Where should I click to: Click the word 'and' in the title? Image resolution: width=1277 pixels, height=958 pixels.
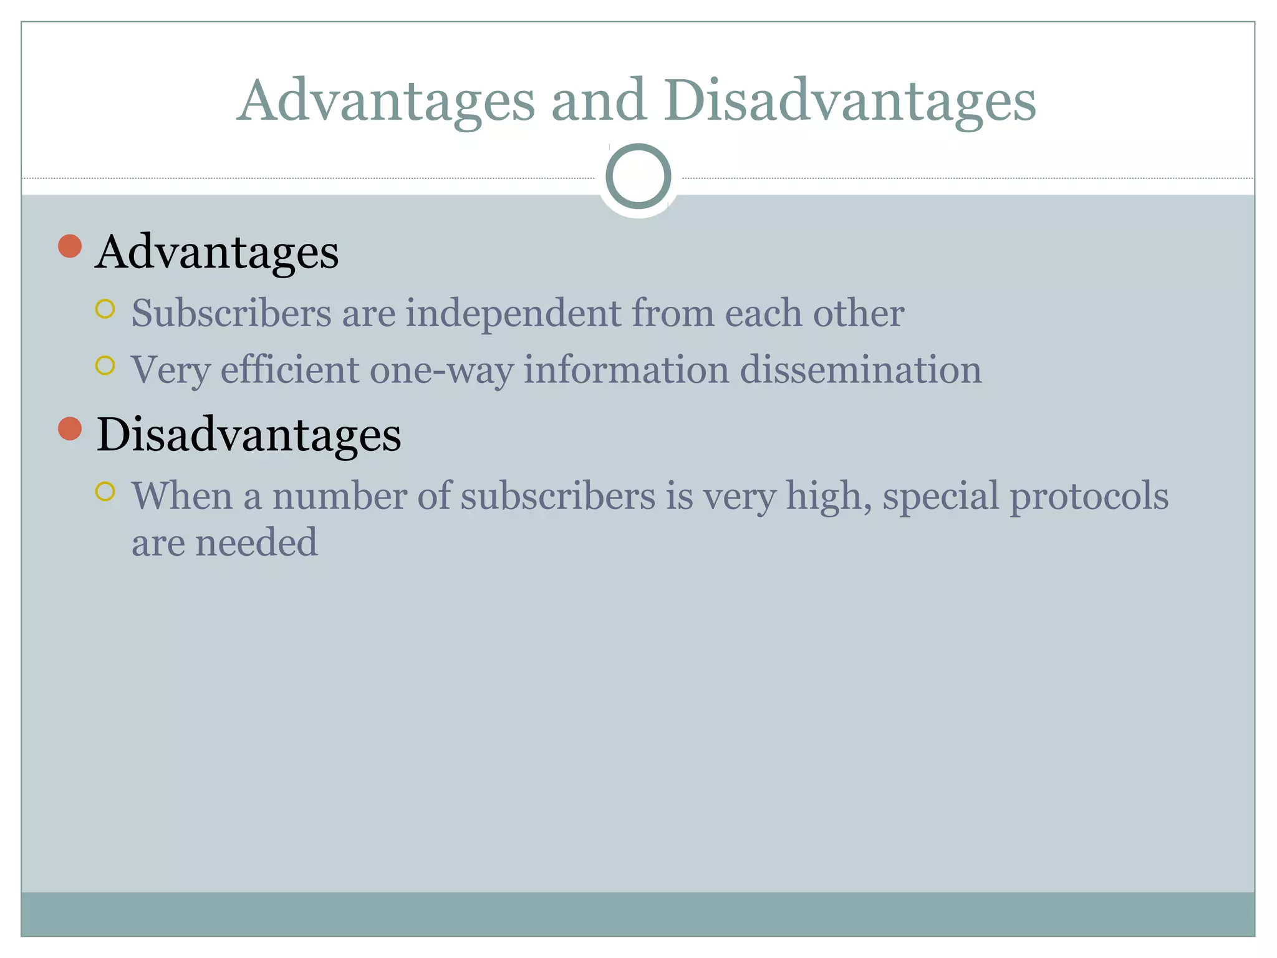598,100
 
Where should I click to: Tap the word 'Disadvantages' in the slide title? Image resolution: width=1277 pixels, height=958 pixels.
849,102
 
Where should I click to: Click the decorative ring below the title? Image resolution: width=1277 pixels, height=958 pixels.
638,176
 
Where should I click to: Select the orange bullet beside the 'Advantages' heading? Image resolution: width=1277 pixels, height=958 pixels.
70,246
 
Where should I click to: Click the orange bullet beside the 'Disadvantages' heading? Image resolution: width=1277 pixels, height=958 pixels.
70,428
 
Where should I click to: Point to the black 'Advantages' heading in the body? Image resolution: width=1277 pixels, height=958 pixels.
217,253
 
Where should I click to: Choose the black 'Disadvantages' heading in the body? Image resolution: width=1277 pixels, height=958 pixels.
249,435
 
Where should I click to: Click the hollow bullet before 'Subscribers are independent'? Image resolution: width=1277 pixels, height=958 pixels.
105,309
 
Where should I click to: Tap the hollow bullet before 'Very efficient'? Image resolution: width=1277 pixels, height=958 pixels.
105,365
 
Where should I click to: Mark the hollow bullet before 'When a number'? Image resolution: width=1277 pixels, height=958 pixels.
105,491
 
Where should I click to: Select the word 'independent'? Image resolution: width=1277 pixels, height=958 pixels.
513,314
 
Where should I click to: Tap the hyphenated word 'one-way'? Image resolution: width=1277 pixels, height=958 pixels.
441,370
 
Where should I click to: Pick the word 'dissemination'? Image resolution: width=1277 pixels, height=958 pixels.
860,369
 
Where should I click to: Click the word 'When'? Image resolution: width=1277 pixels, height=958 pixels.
182,496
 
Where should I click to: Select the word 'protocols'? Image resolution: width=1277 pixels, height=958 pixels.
1089,497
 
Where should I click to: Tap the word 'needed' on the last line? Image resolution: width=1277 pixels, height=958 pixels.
256,542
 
